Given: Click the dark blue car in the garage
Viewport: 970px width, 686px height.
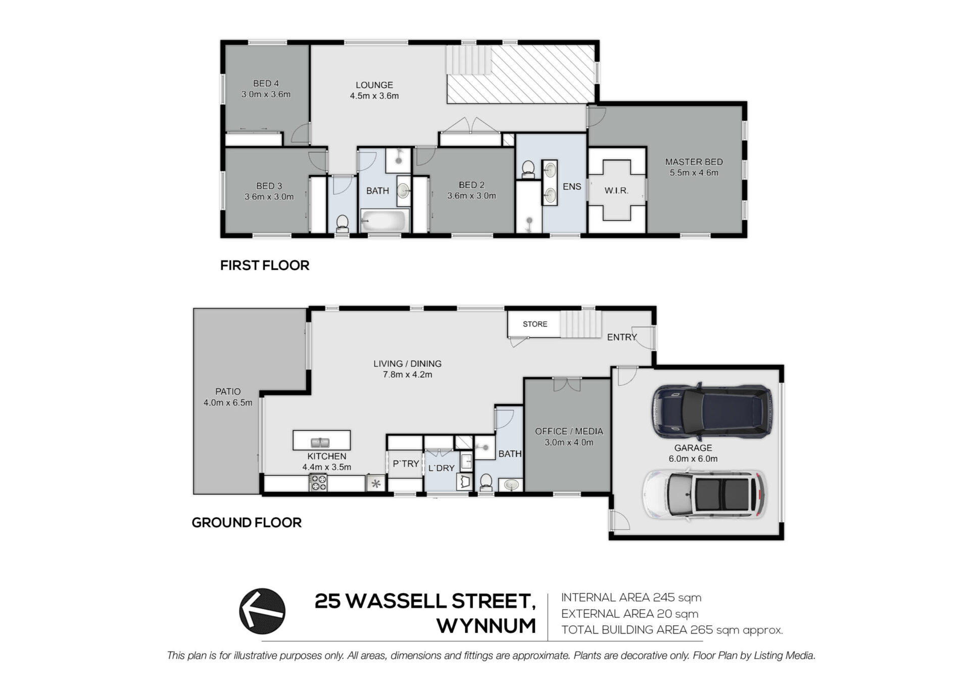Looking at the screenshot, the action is (x=712, y=411).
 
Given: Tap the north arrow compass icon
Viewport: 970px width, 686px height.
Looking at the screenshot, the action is (x=262, y=611).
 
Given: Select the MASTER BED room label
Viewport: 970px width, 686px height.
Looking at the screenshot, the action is (x=694, y=162).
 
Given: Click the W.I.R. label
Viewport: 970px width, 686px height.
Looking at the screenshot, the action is (x=616, y=190).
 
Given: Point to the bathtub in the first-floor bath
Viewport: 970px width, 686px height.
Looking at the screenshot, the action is (x=384, y=221).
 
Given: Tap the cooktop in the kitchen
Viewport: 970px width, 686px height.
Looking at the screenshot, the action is (x=318, y=483).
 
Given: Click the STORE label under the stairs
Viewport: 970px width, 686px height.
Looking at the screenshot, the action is (x=535, y=324).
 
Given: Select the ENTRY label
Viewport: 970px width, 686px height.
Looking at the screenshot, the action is (x=622, y=337).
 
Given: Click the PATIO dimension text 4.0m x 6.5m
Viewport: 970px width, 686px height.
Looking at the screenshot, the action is (x=228, y=403).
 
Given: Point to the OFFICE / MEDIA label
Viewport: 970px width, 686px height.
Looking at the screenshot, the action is (x=569, y=431).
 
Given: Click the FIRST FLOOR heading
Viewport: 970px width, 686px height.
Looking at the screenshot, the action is (x=265, y=265).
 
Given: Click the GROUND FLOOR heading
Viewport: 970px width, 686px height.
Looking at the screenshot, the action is (x=247, y=522).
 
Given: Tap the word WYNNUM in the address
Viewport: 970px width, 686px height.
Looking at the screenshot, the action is (x=486, y=626).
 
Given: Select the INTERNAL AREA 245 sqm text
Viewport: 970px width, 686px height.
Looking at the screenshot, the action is (x=631, y=598).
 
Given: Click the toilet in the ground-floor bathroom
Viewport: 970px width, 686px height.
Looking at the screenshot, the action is (x=486, y=482).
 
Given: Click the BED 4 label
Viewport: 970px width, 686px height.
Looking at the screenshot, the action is (x=266, y=83).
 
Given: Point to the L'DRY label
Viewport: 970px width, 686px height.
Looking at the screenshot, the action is (x=442, y=468).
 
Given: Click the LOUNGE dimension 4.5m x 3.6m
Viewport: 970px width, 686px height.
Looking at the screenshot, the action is (x=374, y=96).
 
